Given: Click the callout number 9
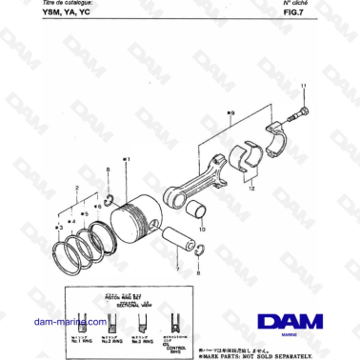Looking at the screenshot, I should [x=230, y=113].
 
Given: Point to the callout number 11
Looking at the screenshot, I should [x=304, y=87].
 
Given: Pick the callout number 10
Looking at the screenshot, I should [x=201, y=229].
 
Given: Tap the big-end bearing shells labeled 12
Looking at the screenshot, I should [x=250, y=158].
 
